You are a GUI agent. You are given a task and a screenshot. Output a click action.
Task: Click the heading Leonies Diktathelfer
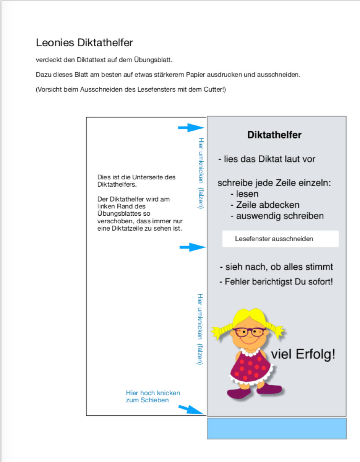(x=84, y=43)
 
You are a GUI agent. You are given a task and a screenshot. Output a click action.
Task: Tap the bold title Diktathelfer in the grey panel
(x=274, y=135)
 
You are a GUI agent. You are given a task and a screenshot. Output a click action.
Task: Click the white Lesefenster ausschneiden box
(x=280, y=239)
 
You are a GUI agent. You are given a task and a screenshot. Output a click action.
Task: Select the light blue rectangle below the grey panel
(x=277, y=428)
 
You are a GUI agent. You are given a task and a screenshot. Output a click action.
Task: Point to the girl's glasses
(x=248, y=332)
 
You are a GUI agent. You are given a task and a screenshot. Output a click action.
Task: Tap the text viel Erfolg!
(x=303, y=355)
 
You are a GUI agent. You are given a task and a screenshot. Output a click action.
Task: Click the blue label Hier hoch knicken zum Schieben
(x=153, y=397)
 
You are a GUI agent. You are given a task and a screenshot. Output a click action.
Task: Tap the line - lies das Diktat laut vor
(x=267, y=159)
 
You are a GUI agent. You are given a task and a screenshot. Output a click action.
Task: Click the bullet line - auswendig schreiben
(x=277, y=216)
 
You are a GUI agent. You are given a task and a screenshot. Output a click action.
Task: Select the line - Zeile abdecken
(x=265, y=205)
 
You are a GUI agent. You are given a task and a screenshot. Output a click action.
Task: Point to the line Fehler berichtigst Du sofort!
(x=276, y=282)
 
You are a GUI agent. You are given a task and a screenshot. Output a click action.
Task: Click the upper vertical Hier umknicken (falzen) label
(x=201, y=173)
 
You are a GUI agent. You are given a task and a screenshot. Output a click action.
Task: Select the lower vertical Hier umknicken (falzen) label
(x=200, y=329)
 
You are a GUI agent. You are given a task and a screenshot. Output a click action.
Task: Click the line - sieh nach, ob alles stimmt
(x=276, y=267)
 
